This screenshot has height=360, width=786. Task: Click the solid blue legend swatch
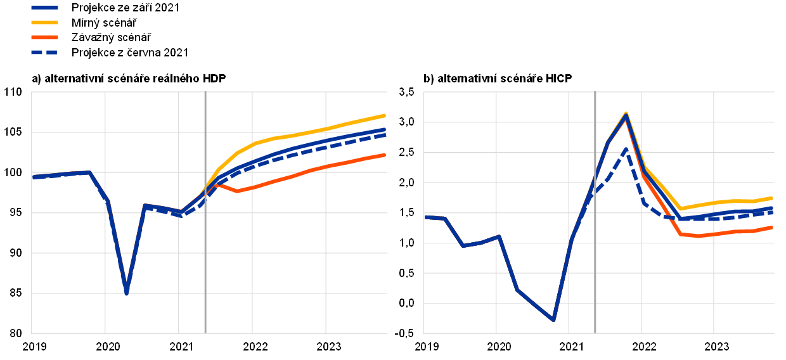[x=44, y=8]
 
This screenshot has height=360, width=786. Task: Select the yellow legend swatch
[x=44, y=22]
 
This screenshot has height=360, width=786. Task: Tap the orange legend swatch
[x=44, y=37]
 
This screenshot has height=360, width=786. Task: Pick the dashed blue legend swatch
[x=44, y=52]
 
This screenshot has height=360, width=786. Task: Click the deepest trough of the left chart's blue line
[x=127, y=293]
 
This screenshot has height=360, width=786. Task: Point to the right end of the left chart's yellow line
[x=385, y=115]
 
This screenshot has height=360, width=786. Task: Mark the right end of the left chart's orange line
[x=385, y=155]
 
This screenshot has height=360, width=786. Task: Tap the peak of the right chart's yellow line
[x=626, y=113]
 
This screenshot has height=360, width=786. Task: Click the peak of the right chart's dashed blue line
[x=626, y=149]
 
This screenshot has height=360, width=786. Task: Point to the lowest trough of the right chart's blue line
[x=553, y=320]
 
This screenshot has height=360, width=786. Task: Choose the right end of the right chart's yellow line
[x=771, y=198]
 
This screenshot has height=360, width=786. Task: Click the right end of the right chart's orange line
[x=771, y=227]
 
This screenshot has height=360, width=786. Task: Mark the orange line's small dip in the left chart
[x=237, y=191]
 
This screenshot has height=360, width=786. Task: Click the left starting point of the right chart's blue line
[x=425, y=217]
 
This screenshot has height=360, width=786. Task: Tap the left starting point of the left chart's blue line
[x=33, y=177]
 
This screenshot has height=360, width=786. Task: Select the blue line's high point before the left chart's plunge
[x=89, y=172]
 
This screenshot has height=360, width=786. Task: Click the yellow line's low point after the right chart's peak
[x=681, y=209]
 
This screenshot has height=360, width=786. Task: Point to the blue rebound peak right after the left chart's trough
[x=145, y=205]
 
